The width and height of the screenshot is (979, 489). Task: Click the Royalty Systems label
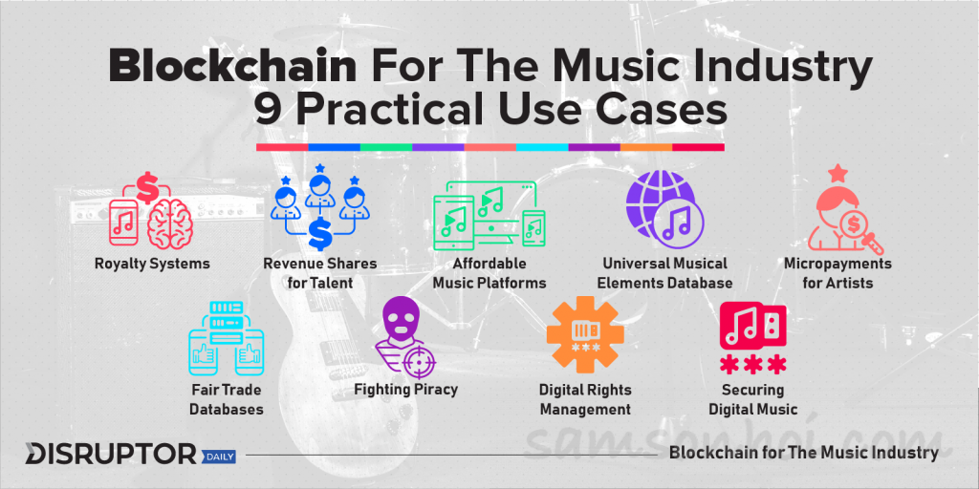[x=152, y=264]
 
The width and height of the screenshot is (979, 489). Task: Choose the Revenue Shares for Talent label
[x=319, y=273]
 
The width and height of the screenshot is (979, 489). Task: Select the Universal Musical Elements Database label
[x=665, y=273]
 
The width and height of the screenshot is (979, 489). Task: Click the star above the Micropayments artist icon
[x=837, y=173]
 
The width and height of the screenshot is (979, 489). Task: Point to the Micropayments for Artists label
[x=838, y=273]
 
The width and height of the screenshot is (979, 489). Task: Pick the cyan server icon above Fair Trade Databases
[x=226, y=337]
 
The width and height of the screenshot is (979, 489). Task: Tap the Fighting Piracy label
[x=405, y=390]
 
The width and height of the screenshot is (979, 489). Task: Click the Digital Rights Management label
[x=586, y=400]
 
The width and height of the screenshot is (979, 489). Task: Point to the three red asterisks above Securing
[x=752, y=364]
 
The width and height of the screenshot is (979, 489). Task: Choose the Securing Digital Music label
[x=753, y=400]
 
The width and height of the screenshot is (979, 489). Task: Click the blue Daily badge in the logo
[x=219, y=457]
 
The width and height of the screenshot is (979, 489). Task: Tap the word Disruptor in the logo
[x=111, y=455]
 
